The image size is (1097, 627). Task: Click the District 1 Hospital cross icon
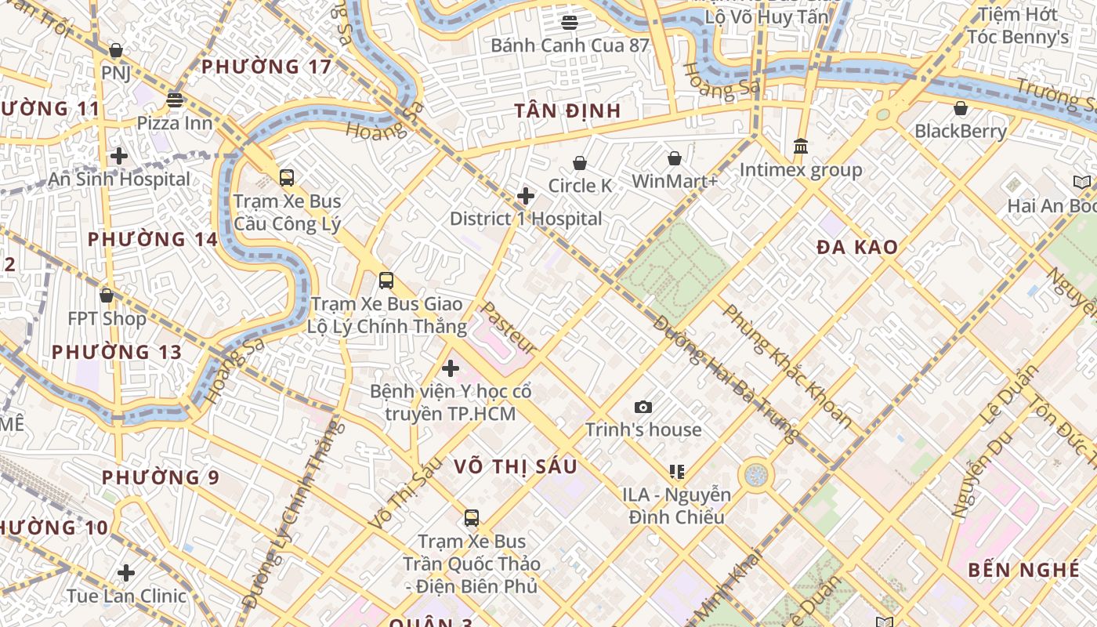click(526, 195)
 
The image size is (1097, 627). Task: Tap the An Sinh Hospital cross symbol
click(119, 156)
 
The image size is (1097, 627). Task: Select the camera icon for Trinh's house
click(643, 407)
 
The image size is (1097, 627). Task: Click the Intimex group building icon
click(801, 146)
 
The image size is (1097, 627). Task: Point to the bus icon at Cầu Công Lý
click(287, 177)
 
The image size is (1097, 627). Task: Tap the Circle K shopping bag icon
click(580, 163)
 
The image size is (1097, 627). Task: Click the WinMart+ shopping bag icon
click(675, 159)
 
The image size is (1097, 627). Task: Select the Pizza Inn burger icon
click(175, 100)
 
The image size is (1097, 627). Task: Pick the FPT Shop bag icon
click(107, 295)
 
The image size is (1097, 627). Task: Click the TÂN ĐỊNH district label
click(568, 111)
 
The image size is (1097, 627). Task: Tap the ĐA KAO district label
click(857, 248)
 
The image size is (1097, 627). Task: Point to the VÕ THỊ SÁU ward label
click(516, 467)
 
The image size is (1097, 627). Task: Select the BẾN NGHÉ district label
click(1023, 570)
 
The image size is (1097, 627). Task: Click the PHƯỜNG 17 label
click(266, 67)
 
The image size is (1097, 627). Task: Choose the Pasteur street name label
click(508, 328)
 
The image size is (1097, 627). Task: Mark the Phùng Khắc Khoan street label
click(787, 365)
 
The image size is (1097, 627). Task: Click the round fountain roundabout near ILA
click(756, 475)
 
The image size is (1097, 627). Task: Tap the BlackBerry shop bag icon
click(961, 108)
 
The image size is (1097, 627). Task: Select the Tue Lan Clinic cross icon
click(126, 572)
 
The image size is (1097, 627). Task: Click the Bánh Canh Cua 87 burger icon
click(570, 22)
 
